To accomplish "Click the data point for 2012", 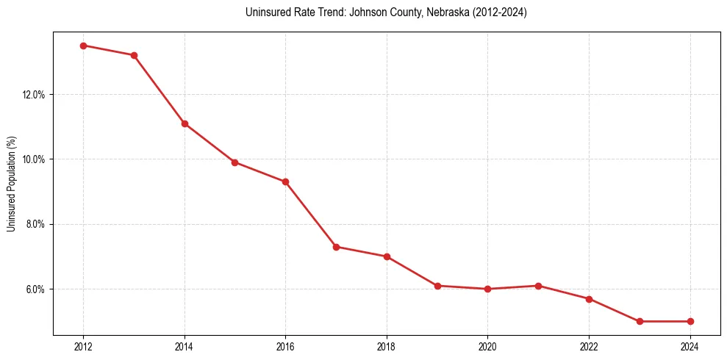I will click(x=83, y=46).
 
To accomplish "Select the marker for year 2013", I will click(x=134, y=55).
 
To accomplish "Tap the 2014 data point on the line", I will click(x=185, y=123).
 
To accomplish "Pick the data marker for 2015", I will click(x=234, y=162).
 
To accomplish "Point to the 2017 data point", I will click(x=336, y=247).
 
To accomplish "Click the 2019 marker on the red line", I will click(x=437, y=286).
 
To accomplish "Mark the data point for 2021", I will click(x=538, y=286).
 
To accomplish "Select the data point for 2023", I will click(x=640, y=321).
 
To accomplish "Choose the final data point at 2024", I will click(x=690, y=321).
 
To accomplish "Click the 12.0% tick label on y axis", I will click(x=34, y=95).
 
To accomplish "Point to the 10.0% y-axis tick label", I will click(x=34, y=159).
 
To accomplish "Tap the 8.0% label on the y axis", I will click(x=35, y=224).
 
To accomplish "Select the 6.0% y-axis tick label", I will click(x=35, y=289).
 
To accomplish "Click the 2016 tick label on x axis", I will click(x=285, y=347).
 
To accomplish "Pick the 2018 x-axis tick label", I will click(x=387, y=347).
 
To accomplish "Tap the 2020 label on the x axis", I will click(x=487, y=347).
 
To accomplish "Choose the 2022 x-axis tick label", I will click(x=589, y=347).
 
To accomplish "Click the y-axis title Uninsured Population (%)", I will click(x=12, y=183).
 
